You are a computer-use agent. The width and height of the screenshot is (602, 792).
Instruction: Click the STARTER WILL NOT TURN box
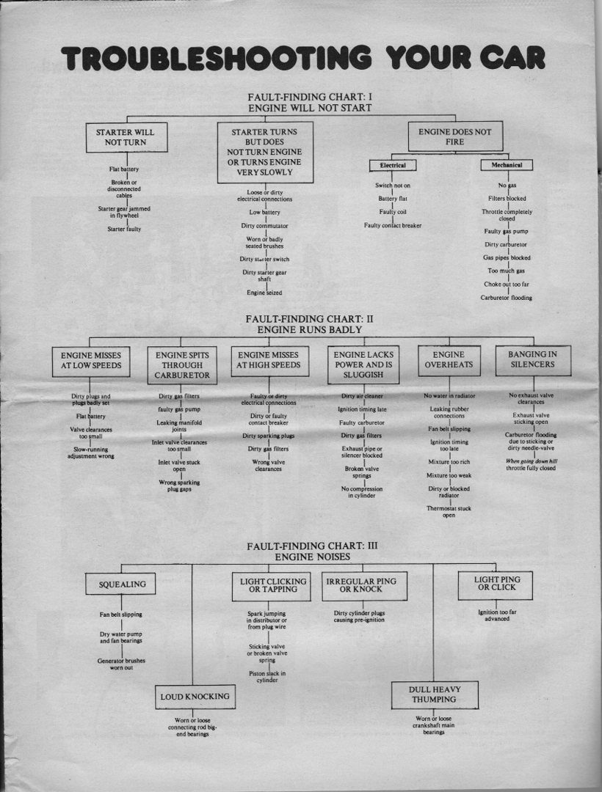click(x=126, y=137)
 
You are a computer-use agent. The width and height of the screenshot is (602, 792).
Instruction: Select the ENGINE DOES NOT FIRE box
click(x=455, y=136)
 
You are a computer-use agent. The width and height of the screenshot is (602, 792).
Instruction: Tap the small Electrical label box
click(x=393, y=165)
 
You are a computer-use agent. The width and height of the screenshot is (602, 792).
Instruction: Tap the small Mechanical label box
click(x=507, y=165)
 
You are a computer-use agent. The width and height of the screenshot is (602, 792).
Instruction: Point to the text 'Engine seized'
click(x=264, y=293)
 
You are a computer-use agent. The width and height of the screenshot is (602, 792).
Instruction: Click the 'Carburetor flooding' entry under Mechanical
click(x=507, y=298)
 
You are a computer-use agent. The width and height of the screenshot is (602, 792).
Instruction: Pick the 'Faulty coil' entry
click(x=393, y=212)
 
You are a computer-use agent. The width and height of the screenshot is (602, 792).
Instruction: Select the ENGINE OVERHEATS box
click(x=449, y=361)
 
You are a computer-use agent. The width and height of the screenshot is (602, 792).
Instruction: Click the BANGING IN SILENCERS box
click(x=533, y=360)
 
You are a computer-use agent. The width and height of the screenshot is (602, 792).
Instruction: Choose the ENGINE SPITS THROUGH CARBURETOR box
click(x=182, y=365)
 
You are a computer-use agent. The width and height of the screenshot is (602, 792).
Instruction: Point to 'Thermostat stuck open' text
click(x=449, y=512)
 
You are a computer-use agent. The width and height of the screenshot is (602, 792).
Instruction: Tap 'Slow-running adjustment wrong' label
click(x=91, y=452)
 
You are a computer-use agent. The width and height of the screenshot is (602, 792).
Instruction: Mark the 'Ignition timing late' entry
click(x=362, y=410)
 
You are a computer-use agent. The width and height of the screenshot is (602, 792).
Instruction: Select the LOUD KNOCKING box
click(x=195, y=697)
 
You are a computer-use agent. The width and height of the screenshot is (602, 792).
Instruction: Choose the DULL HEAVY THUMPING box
click(x=435, y=695)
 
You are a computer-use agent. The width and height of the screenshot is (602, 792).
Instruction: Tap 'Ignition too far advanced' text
click(x=497, y=615)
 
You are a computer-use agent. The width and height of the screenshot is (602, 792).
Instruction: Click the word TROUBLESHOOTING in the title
click(x=217, y=58)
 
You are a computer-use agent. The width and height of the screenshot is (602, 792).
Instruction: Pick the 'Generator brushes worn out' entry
click(x=121, y=664)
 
